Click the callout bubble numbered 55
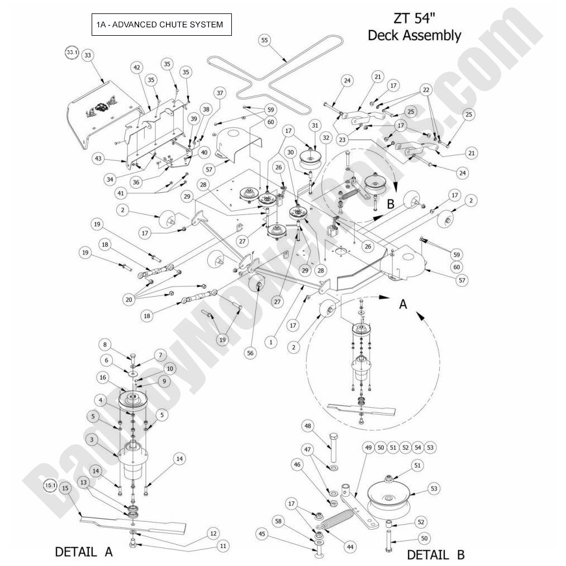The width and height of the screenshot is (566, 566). (x=264, y=40)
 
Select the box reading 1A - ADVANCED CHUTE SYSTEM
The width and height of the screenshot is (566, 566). (x=161, y=25)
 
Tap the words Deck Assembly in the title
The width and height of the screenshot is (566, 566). (x=414, y=36)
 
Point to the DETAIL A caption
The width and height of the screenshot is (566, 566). (x=84, y=551)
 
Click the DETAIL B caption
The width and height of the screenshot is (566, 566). (x=435, y=554)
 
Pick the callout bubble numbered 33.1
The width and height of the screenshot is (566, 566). (x=71, y=52)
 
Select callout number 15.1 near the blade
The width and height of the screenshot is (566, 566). (x=50, y=486)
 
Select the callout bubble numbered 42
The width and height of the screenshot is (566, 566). (x=136, y=67)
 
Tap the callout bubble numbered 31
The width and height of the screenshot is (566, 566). (x=315, y=125)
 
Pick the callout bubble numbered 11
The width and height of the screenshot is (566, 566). (x=223, y=545)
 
